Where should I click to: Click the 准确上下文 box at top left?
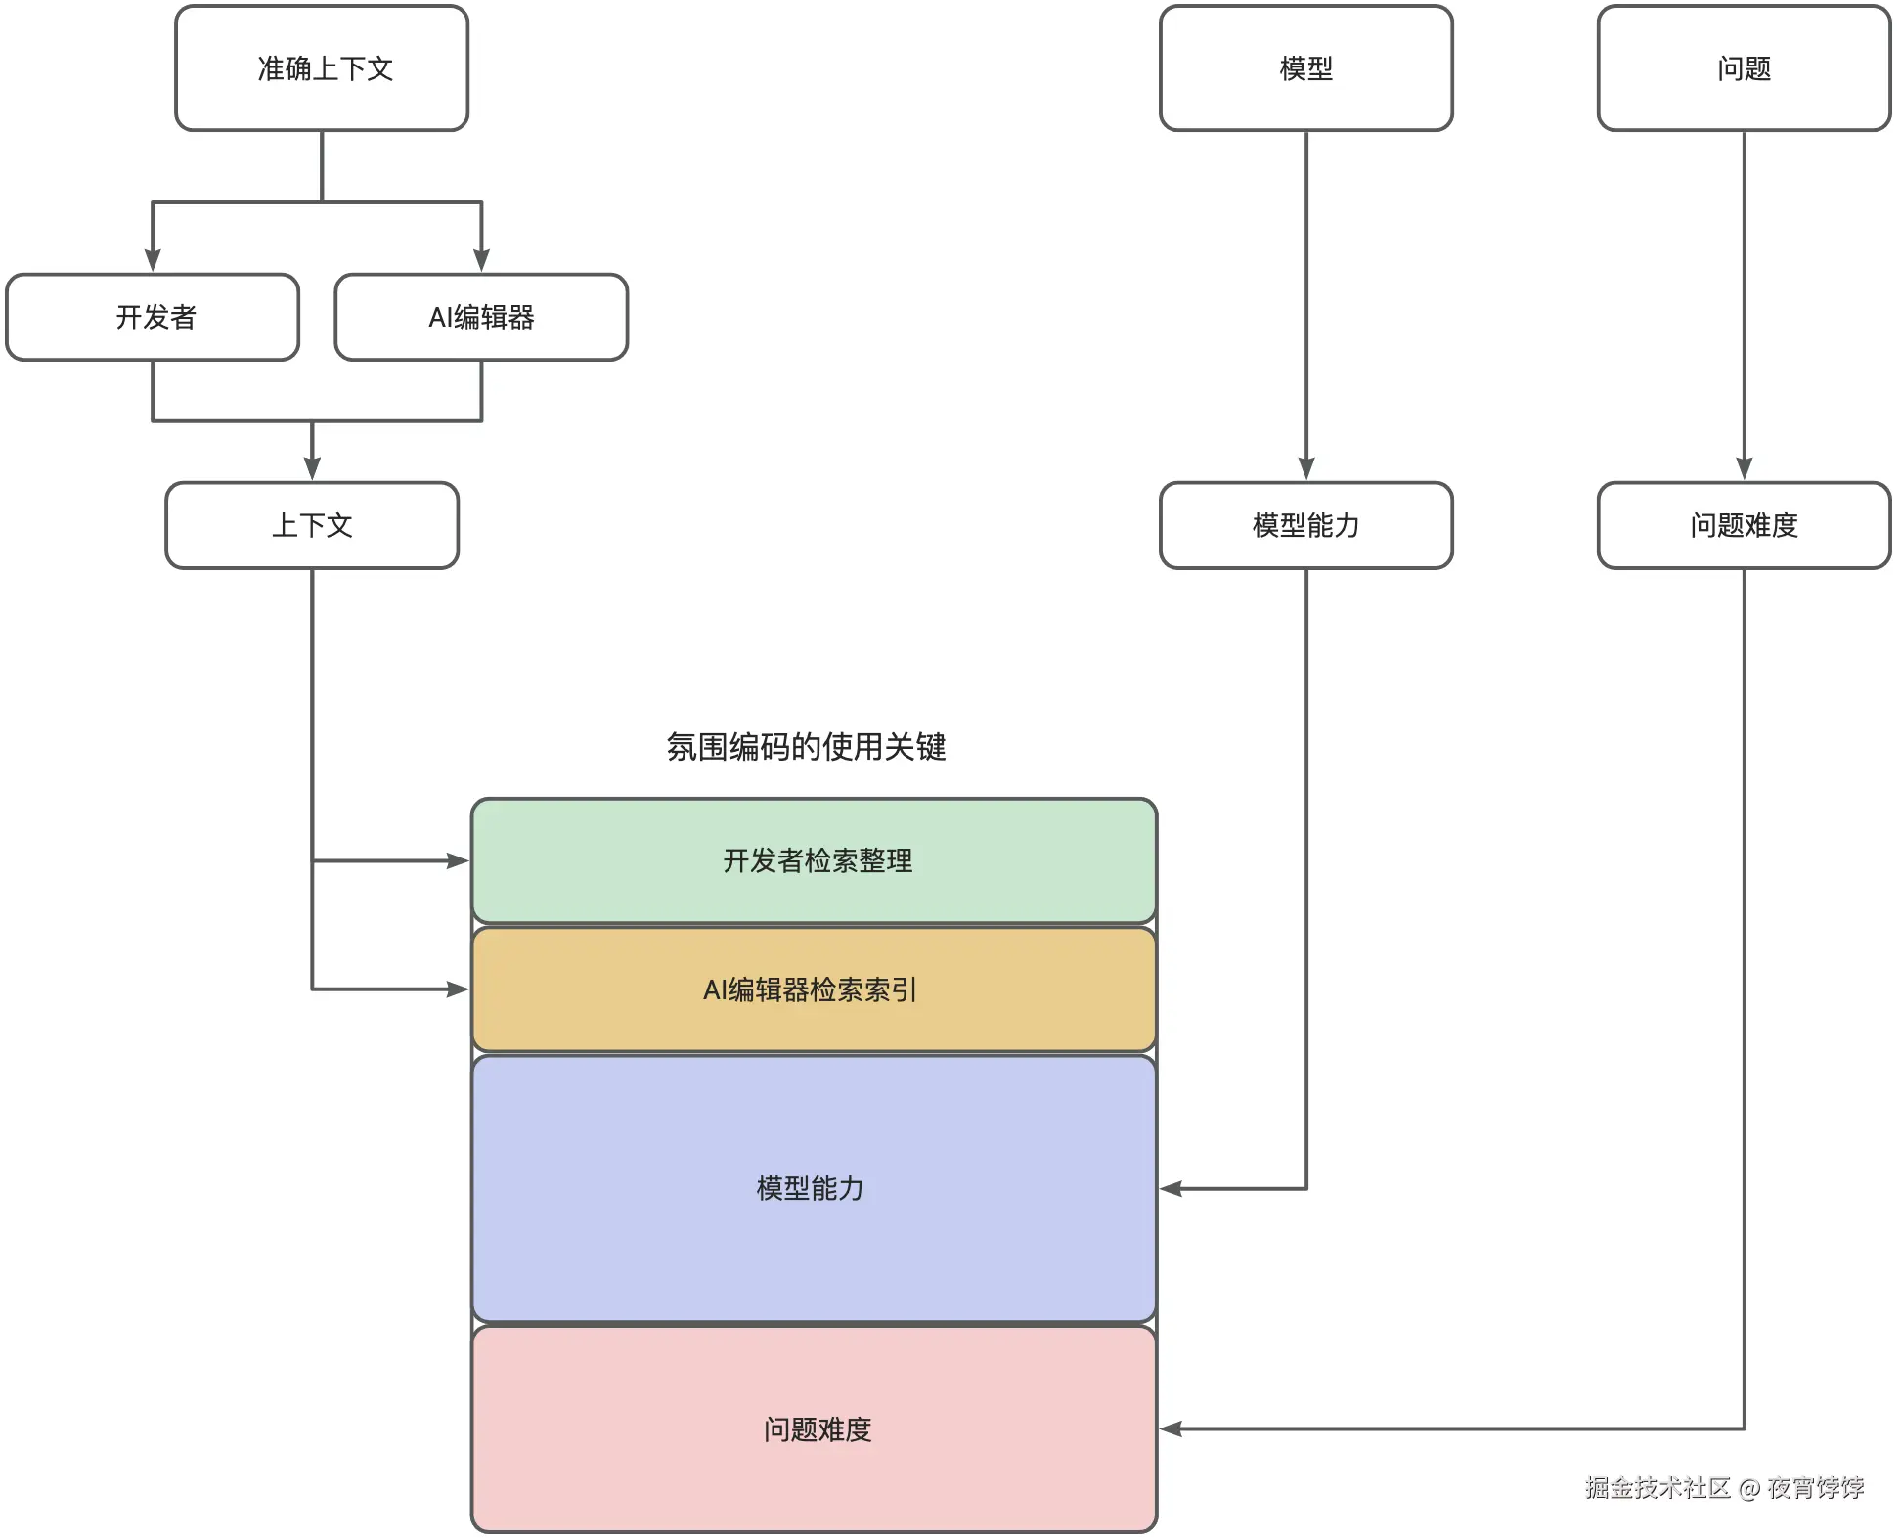(x=322, y=68)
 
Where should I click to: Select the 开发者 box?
(x=153, y=317)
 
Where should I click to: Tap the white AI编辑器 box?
(x=481, y=317)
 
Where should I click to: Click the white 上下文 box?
(x=312, y=525)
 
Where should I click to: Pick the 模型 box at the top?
(x=1305, y=68)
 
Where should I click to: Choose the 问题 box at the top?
(x=1744, y=68)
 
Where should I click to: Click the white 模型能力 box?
(x=1305, y=525)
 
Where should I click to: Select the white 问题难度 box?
(x=1744, y=525)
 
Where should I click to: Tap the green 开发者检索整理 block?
(x=814, y=860)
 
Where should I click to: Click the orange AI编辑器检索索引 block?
(x=814, y=989)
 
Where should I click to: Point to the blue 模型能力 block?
(x=814, y=1188)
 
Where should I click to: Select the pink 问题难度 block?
(x=814, y=1428)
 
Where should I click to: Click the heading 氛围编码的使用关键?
(x=806, y=747)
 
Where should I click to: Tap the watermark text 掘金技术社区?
(x=1657, y=1487)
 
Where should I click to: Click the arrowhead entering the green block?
(x=458, y=860)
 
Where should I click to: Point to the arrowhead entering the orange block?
(x=458, y=989)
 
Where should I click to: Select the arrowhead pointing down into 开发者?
(x=153, y=260)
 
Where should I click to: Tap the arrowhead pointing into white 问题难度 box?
(x=1744, y=468)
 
